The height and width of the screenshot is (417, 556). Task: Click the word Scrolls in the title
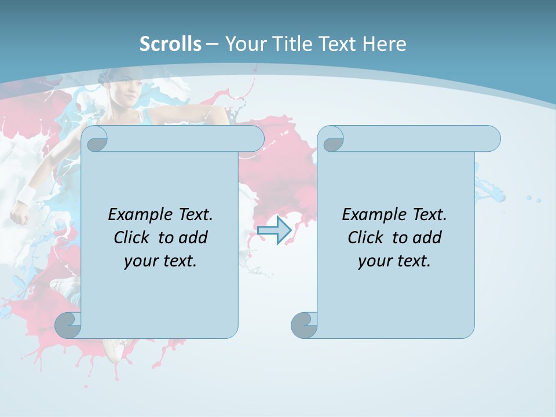point(170,43)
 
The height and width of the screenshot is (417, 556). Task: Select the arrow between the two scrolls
point(274,231)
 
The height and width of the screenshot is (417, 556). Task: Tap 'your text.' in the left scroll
point(160,261)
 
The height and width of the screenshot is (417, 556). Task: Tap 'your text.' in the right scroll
point(394,261)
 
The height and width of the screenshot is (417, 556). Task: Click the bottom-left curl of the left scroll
point(68,325)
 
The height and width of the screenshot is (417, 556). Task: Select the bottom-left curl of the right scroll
point(304,325)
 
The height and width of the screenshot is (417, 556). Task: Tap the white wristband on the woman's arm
point(26,194)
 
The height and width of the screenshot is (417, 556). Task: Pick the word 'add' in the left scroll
point(193,237)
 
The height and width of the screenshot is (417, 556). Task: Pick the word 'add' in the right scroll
point(427,237)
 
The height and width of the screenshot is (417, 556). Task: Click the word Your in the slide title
point(244,43)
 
